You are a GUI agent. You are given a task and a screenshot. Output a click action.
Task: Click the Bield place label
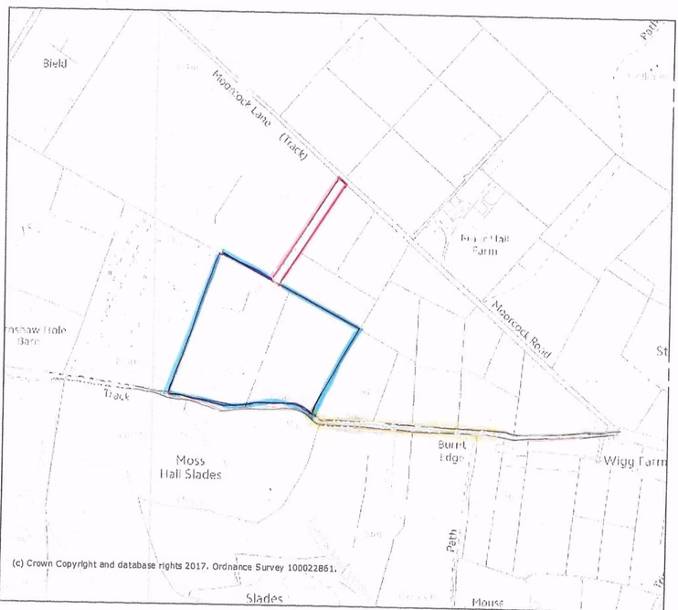(55, 63)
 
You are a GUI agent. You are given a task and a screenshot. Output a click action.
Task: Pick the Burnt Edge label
(452, 450)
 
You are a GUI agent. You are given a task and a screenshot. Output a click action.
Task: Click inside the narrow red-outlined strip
(309, 229)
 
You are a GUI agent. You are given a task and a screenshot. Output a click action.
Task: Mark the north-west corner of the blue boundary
(219, 253)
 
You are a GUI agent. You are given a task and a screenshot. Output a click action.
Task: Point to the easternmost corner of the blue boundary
(359, 328)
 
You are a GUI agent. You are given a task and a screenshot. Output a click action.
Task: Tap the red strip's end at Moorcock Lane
(342, 181)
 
